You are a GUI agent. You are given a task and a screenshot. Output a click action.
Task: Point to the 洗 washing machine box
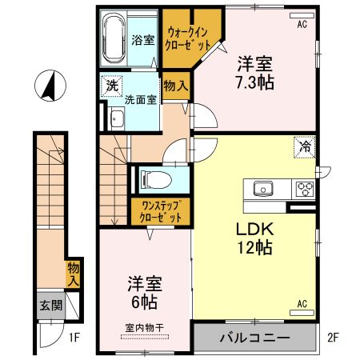108,82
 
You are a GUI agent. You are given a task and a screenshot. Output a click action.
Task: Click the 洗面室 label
141,100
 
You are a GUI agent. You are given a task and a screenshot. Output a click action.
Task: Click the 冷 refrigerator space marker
303,146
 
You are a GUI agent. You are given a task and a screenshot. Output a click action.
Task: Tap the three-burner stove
305,190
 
